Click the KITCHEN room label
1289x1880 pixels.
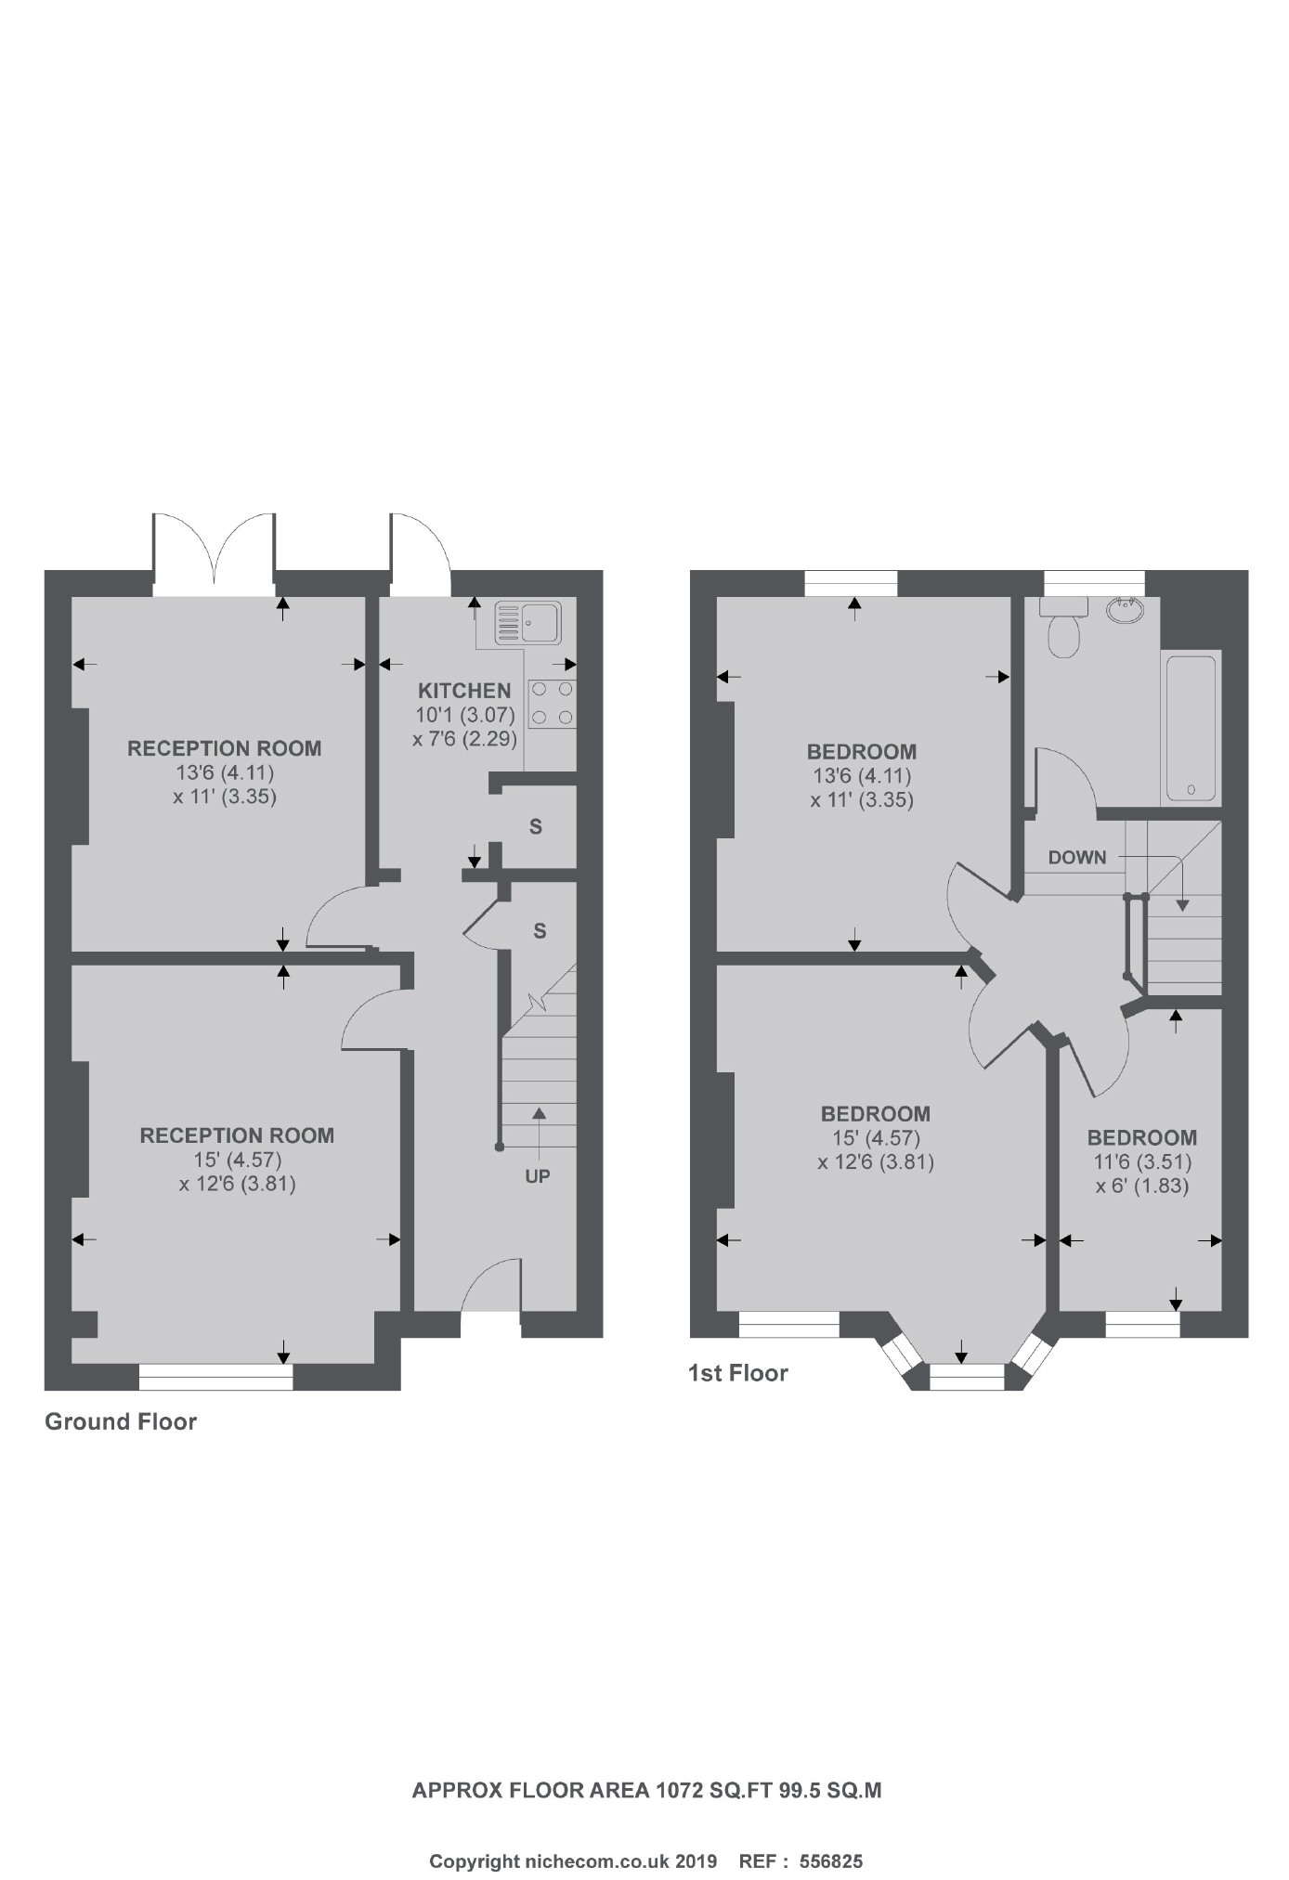pos(464,691)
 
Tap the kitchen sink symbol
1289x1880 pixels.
pos(527,622)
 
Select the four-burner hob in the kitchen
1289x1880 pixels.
pos(552,704)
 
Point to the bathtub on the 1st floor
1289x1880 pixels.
pos(1191,728)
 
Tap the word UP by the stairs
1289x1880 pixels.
pos(538,1176)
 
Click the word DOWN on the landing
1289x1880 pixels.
pos(1077,858)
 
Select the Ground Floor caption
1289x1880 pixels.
pos(121,1421)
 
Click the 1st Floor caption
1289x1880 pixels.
pos(737,1373)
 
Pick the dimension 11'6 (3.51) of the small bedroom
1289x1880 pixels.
pos(1142,1161)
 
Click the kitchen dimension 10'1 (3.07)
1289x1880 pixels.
pos(464,716)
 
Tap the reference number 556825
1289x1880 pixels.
pos(831,1835)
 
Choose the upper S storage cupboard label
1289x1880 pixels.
pos(536,826)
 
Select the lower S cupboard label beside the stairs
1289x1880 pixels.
pos(540,930)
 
